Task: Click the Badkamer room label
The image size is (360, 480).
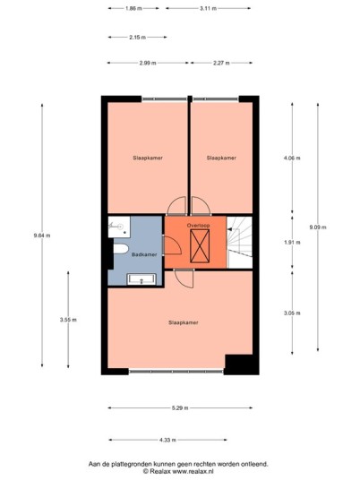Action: tap(144, 254)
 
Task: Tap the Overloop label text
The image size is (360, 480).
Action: tap(199, 226)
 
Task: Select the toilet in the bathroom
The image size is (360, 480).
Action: tap(121, 249)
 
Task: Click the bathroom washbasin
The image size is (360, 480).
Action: tap(141, 279)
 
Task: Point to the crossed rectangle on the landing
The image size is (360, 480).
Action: tap(200, 245)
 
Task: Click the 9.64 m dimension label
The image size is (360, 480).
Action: tap(42, 236)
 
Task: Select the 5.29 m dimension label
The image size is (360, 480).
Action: tap(180, 407)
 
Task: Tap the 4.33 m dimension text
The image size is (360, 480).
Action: tap(167, 440)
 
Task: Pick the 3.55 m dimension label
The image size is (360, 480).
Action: tap(68, 320)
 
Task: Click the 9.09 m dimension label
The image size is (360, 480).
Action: tap(318, 227)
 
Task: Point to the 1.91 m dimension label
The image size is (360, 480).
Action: tap(292, 242)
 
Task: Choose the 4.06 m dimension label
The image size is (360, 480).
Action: tap(292, 158)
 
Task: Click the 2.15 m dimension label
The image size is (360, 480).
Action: tap(137, 38)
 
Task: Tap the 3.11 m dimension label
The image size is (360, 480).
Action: tap(208, 9)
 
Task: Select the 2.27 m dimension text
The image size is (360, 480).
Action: tap(221, 63)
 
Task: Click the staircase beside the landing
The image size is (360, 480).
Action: tap(240, 242)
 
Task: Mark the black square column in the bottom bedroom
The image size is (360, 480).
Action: tap(239, 364)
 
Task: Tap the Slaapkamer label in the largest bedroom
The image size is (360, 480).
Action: tap(184, 322)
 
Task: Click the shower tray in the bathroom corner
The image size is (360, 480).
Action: tap(119, 227)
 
